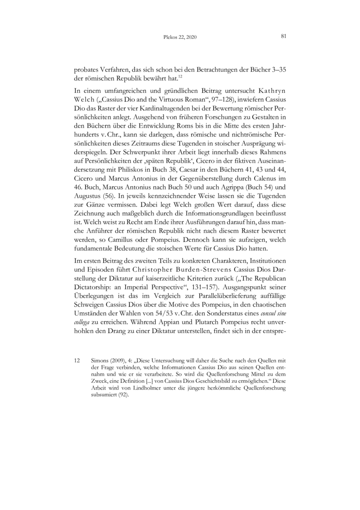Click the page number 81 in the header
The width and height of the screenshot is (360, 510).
[284, 36]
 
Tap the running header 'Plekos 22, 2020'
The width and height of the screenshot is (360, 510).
[180, 37]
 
